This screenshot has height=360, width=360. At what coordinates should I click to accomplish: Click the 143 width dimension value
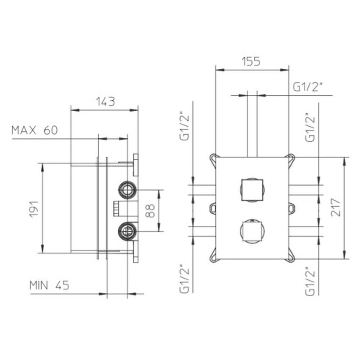[x=105, y=102]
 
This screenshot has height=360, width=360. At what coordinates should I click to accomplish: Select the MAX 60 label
[x=34, y=130]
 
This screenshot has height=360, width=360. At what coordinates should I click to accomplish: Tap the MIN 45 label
[x=49, y=285]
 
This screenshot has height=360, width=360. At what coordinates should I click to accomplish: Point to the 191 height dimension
[x=34, y=209]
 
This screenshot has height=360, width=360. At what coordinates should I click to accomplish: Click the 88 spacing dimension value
[x=150, y=211]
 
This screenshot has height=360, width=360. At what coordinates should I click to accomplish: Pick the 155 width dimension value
[x=251, y=61]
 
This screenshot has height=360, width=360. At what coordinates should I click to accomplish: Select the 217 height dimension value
[x=335, y=207]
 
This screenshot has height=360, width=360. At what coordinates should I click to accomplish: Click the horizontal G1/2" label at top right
[x=307, y=87]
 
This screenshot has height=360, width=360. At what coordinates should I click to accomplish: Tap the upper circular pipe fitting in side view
[x=127, y=190]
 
